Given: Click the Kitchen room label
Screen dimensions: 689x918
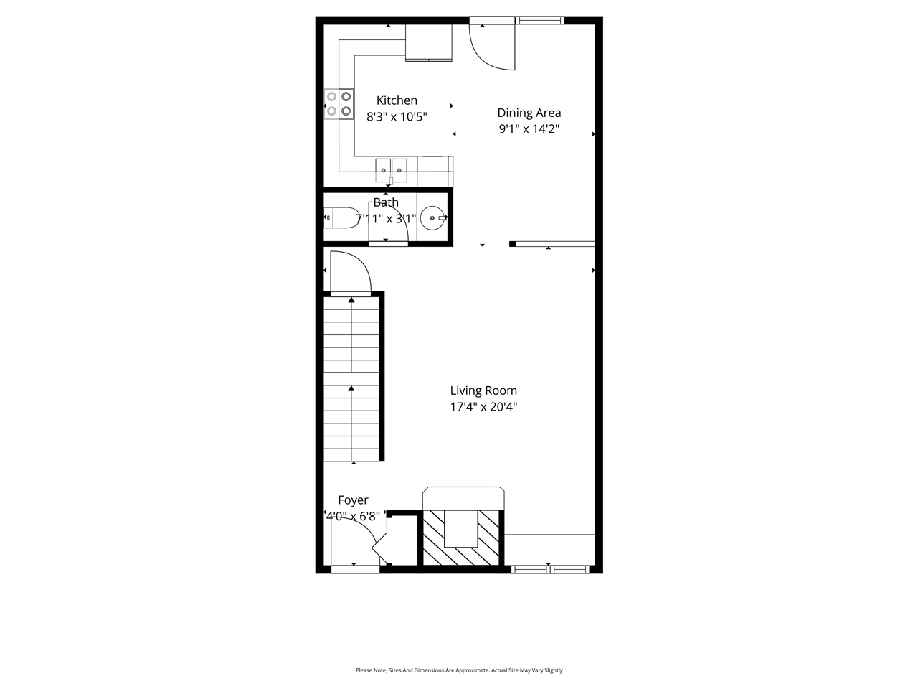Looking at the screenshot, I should [x=397, y=100].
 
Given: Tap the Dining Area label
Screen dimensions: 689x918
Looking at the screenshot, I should [x=529, y=113].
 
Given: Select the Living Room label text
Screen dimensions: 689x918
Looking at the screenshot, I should [x=483, y=390].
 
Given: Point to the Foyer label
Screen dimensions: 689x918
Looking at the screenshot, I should [x=353, y=500].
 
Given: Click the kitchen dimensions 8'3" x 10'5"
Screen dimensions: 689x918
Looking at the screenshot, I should [x=397, y=117].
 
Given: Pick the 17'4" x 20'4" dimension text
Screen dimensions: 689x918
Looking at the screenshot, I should [x=483, y=407].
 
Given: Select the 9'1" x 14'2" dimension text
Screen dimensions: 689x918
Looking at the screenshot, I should [x=529, y=129].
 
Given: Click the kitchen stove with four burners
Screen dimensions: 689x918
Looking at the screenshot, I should [x=339, y=103].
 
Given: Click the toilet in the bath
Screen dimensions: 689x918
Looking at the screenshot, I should [x=341, y=217].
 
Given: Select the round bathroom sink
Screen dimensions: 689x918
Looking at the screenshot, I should [x=432, y=217].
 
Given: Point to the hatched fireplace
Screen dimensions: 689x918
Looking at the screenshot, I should [x=461, y=537].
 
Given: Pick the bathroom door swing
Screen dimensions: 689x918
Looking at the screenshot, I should [x=389, y=222].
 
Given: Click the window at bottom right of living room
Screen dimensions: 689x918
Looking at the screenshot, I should [x=550, y=569].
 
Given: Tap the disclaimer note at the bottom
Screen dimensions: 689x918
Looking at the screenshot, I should [x=459, y=670].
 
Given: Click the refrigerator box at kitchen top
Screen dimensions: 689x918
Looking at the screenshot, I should [x=429, y=43].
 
